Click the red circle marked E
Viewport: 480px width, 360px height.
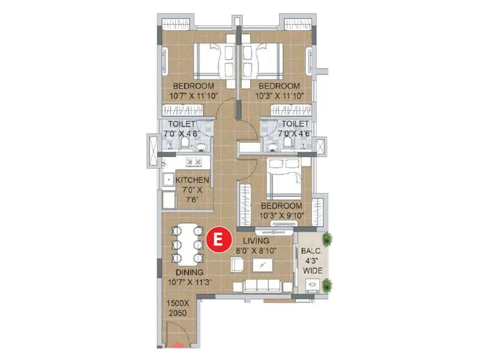[218, 239]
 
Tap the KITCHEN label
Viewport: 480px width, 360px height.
[192, 180]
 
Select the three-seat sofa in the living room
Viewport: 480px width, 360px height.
[262, 285]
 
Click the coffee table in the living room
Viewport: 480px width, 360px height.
[262, 265]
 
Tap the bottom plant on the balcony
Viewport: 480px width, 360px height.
[326, 286]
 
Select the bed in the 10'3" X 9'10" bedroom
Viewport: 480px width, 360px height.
[283, 178]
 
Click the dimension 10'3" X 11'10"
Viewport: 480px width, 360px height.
[278, 95]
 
